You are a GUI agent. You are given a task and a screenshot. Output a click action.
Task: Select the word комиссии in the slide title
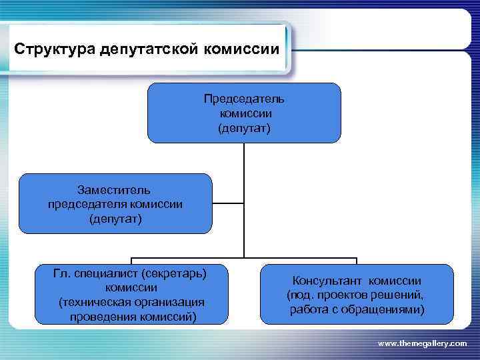point(239,50)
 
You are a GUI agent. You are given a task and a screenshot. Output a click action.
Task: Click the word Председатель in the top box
point(244,99)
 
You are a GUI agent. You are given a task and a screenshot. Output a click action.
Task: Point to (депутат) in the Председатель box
point(244,127)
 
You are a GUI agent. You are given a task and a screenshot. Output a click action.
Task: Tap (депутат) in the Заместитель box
point(115,218)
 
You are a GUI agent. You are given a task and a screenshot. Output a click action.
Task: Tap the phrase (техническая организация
point(131,302)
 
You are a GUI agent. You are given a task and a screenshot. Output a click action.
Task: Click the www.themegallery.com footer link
point(422,342)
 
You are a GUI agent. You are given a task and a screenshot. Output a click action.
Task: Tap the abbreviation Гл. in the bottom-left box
point(63,273)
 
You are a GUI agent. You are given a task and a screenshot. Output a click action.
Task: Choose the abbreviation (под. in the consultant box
point(299,295)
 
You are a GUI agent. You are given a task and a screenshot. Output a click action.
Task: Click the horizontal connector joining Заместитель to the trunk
point(228,203)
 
